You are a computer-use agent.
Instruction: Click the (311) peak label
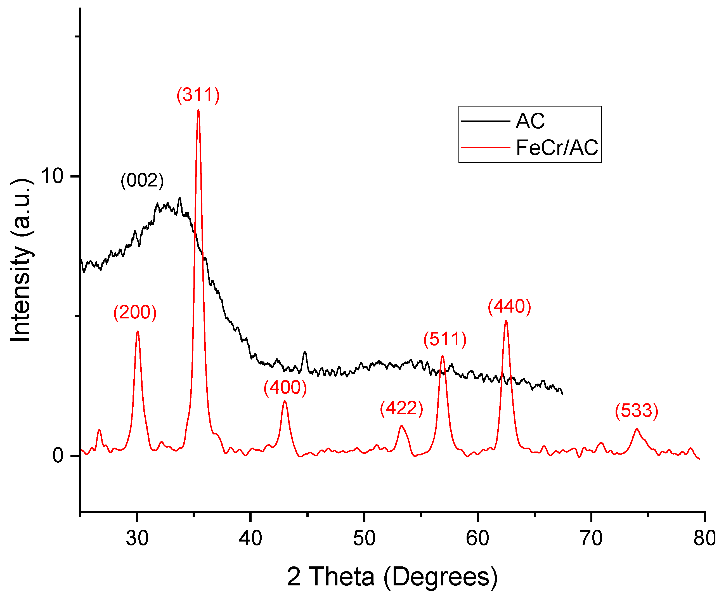pos(198,95)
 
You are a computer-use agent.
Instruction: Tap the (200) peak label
pos(135,313)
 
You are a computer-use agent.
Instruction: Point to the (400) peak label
pos(285,387)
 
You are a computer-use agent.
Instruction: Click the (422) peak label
pos(401,408)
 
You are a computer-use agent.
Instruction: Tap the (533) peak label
pos(637,411)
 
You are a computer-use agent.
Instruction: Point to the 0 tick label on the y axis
pos(58,455)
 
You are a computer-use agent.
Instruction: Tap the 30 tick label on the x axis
pos(137,538)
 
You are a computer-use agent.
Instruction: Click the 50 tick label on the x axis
pos(364,538)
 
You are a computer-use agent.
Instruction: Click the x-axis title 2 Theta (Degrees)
pos(392,577)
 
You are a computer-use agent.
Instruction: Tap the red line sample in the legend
pos(485,147)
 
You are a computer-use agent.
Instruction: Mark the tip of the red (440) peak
pos(506,321)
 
